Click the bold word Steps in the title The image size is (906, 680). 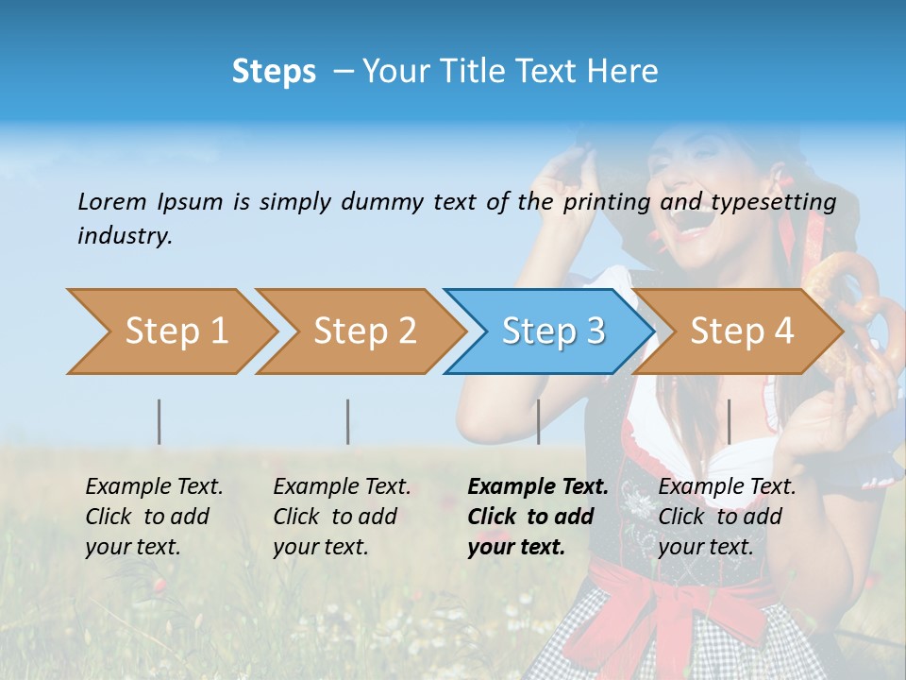[x=274, y=72]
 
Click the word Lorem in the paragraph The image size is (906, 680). [x=112, y=201]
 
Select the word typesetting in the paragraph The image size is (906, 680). [x=773, y=202]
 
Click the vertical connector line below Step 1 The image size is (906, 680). [x=159, y=421]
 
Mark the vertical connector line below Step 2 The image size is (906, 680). [x=348, y=421]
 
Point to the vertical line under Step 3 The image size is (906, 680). [x=538, y=421]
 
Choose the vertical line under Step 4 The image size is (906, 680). [x=729, y=421]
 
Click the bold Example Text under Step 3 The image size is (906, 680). [x=538, y=487]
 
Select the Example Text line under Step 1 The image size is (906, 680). [x=155, y=487]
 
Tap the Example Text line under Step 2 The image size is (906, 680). [x=343, y=487]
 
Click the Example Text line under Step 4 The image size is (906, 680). [x=728, y=487]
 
